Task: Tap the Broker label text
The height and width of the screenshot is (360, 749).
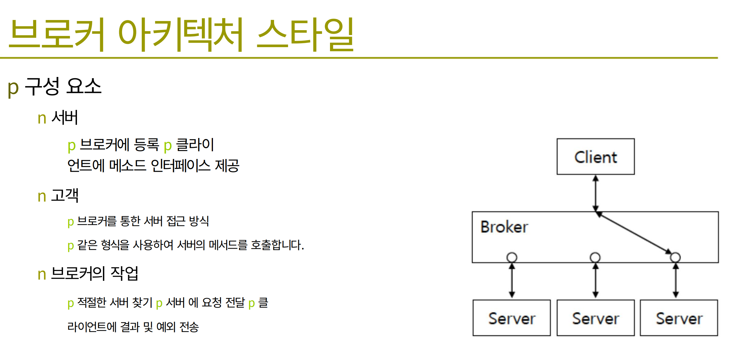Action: coord(504,227)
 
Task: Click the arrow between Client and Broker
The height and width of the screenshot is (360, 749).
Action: coord(595,193)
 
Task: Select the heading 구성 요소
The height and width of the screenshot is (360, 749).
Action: coord(63,86)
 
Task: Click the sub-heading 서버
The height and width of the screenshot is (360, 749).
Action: coord(65,117)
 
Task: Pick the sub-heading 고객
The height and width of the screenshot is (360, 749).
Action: coord(65,195)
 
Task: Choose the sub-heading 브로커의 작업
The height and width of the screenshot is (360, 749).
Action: coord(94,273)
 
